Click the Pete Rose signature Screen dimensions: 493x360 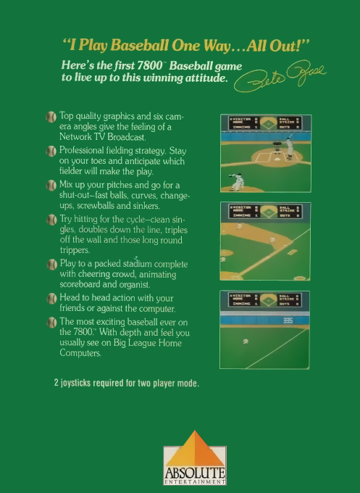coord(279,79)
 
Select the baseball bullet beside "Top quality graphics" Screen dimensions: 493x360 coord(51,116)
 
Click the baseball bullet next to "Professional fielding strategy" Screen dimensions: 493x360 coord(51,151)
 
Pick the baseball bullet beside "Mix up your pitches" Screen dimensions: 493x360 coord(51,186)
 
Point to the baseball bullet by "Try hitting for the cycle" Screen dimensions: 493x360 coord(51,219)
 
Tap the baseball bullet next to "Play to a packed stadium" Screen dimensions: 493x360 coord(51,265)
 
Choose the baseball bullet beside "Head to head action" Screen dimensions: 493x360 coord(51,299)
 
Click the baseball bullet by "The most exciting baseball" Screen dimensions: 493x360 coord(51,322)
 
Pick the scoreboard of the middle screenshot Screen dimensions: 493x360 coord(264,212)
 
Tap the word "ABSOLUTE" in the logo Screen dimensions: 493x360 coord(194,473)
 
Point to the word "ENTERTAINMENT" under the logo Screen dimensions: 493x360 coord(194,482)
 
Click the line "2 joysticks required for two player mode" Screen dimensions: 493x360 coord(127,383)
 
